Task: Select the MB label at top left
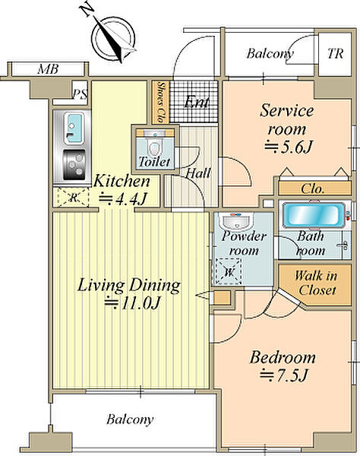click(49, 69)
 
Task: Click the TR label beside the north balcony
click(335, 54)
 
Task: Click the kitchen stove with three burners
click(74, 165)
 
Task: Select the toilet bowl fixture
click(155, 148)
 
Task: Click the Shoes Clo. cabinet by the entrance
click(161, 102)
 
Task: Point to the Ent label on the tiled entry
click(197, 102)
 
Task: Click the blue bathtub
click(314, 216)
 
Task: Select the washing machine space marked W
click(229, 271)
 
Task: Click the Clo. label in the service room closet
click(313, 188)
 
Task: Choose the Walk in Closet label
click(316, 283)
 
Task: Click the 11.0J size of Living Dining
click(132, 303)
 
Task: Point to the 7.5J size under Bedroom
click(283, 375)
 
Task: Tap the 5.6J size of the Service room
click(288, 147)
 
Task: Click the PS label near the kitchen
click(80, 94)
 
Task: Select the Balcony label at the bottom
click(130, 420)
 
